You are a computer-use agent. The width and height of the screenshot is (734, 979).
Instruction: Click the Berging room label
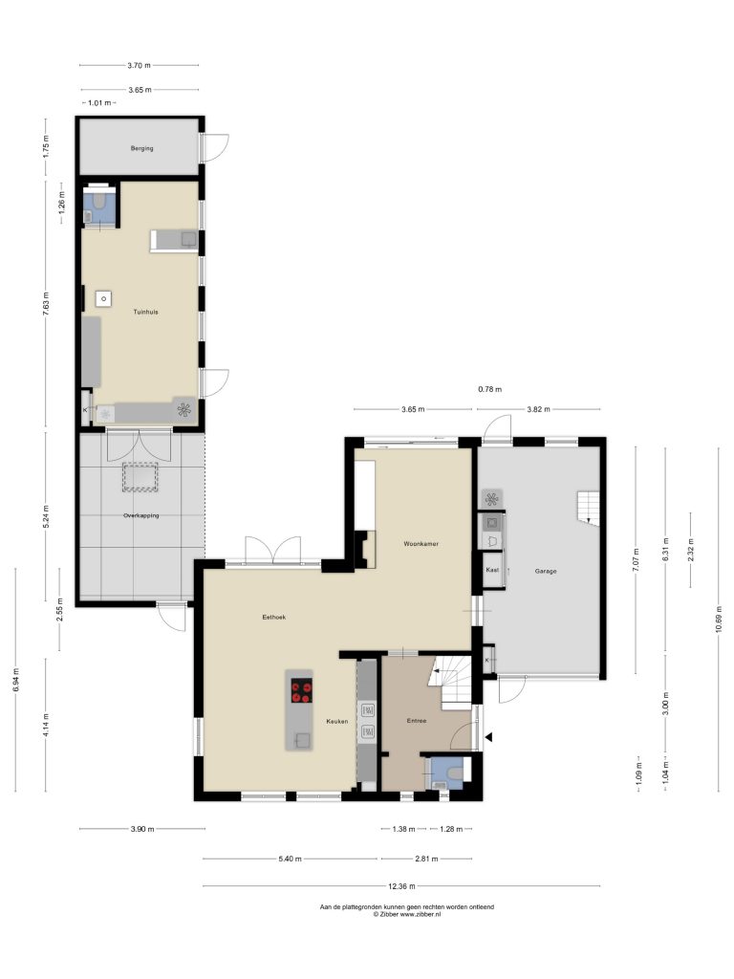[x=141, y=148]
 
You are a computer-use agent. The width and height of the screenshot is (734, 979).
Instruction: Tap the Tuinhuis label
[x=145, y=312]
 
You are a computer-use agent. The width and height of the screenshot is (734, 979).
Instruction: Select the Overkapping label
[x=141, y=515]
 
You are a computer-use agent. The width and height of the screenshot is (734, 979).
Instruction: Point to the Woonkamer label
[x=421, y=544]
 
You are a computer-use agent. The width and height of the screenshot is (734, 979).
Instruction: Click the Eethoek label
[x=274, y=617]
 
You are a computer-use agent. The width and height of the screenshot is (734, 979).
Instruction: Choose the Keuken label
[x=337, y=721]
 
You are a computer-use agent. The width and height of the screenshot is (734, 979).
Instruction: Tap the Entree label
[x=417, y=721]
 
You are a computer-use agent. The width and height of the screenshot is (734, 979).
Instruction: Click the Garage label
[x=546, y=571]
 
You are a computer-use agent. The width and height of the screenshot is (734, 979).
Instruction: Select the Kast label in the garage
[x=492, y=570]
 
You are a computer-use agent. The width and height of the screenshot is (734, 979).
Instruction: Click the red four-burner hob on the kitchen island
[x=301, y=690]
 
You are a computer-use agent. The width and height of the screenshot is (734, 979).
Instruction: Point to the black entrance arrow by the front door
[x=489, y=737]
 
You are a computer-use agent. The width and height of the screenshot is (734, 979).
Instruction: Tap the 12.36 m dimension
[x=402, y=886]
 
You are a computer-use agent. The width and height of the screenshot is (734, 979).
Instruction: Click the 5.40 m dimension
[x=290, y=859]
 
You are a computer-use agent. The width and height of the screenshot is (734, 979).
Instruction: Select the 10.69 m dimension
[x=719, y=619]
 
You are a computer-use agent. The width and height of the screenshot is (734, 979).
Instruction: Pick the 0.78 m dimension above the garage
[x=490, y=390]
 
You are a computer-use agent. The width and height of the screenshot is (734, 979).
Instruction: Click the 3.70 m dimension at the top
[x=139, y=65]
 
